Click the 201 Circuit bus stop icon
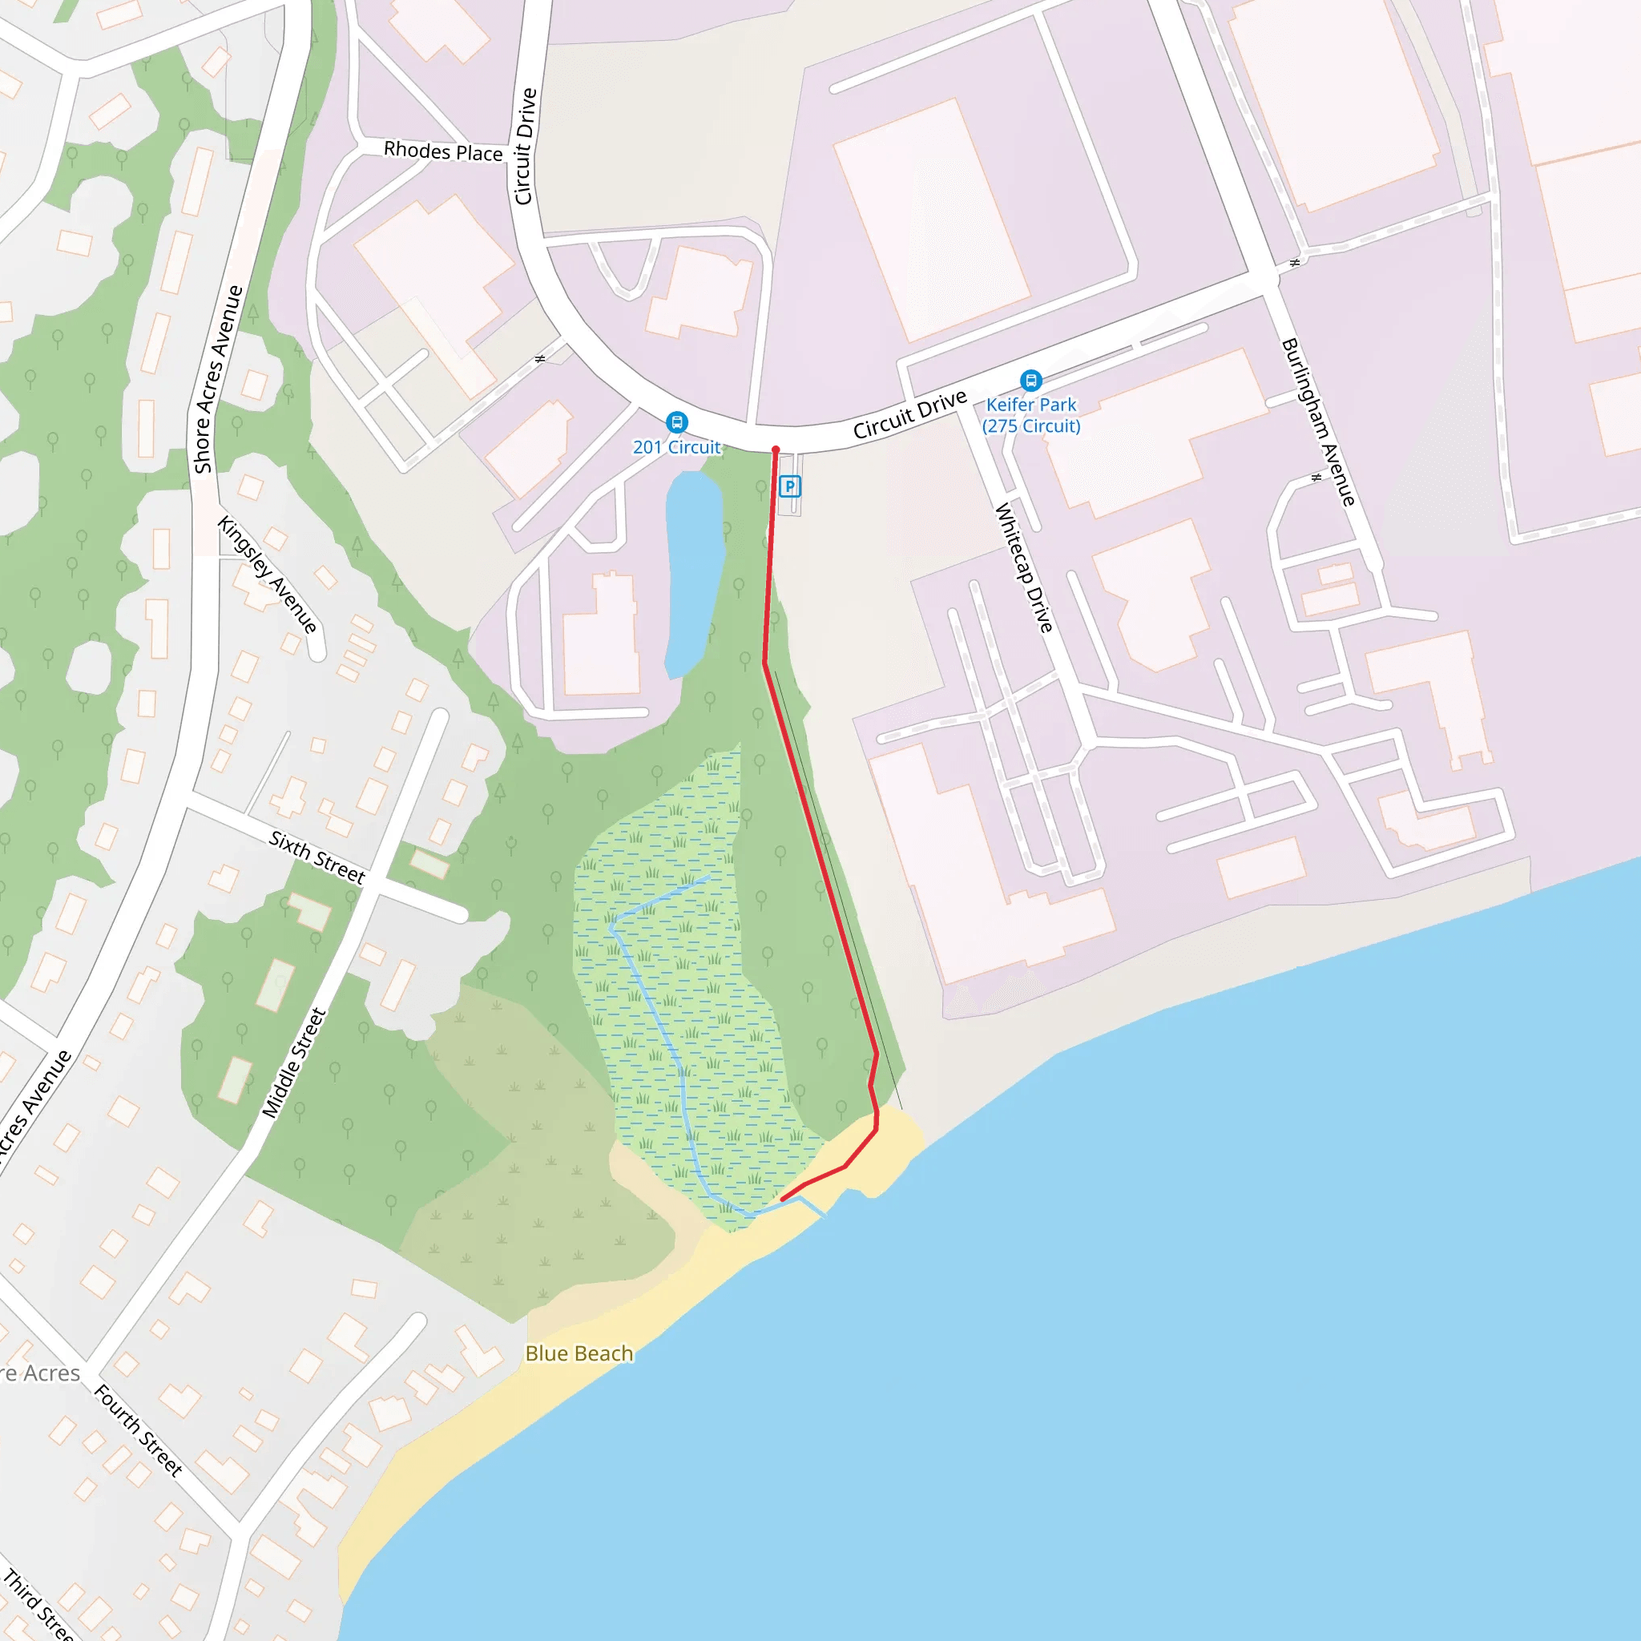676,421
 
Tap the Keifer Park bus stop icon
1030,380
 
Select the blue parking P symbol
790,486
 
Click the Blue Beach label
579,1353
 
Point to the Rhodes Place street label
442,151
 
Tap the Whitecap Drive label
1023,567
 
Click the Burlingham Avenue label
1317,422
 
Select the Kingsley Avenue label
267,575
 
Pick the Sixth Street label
317,857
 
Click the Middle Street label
294,1062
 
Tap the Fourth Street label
138,1430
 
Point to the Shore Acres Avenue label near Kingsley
218,380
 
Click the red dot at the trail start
776,450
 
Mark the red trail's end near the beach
782,1200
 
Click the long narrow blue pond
693,574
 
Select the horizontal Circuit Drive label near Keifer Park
909,414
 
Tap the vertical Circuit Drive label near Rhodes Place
526,146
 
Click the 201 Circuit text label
676,447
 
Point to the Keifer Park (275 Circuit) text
1031,415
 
